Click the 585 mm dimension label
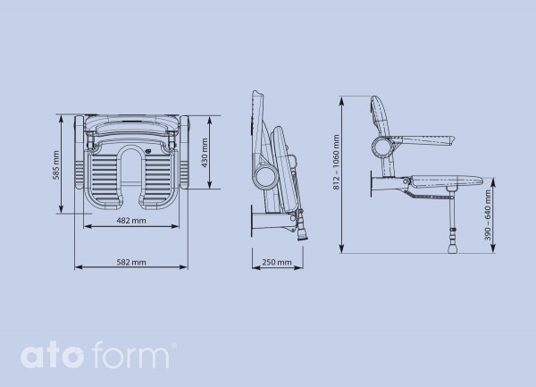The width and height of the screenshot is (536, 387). pos(56,164)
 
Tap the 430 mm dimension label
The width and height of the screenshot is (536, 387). pos(205,152)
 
